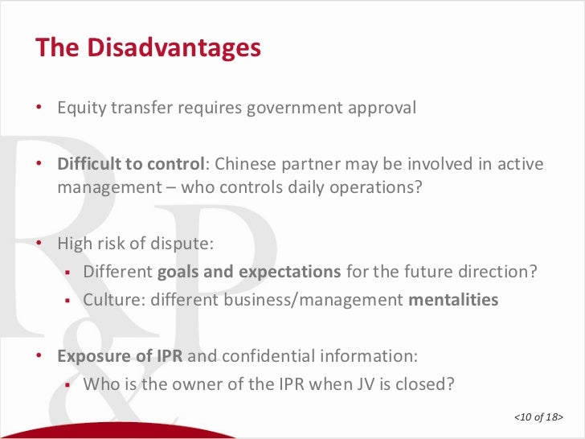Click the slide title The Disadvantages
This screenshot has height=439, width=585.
click(148, 48)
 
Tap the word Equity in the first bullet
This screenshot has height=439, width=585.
click(79, 108)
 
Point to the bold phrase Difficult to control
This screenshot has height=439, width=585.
click(131, 165)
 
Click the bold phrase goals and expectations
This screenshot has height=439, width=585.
click(249, 272)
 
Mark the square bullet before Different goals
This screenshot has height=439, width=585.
click(69, 273)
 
